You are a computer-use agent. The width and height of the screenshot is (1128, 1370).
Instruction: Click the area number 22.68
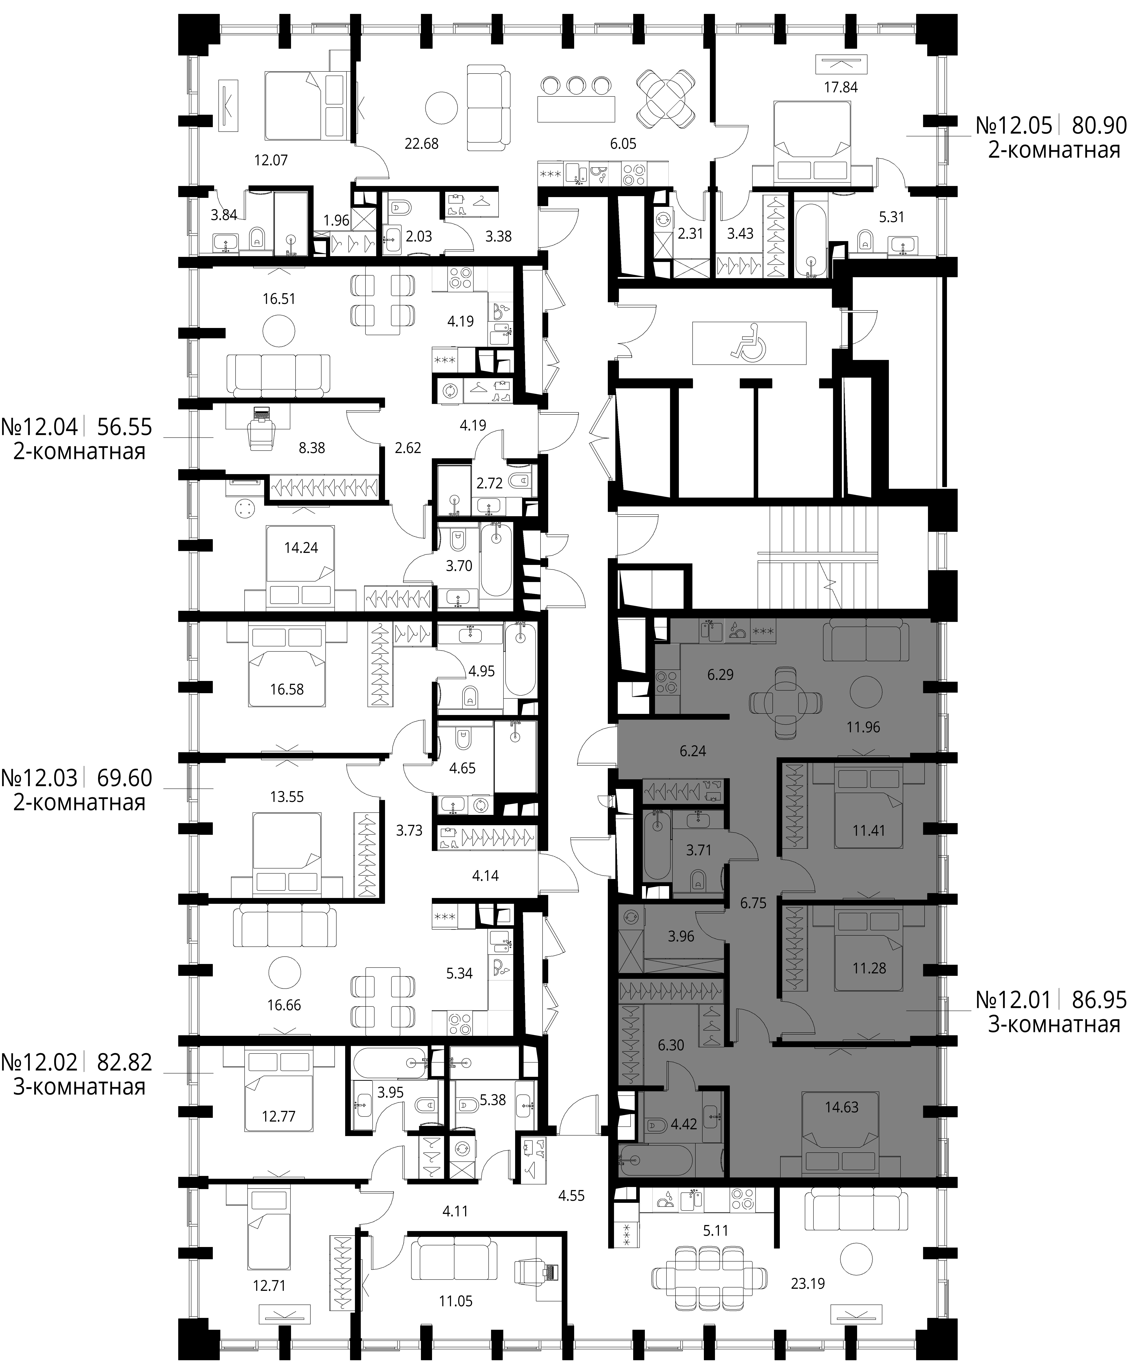pos(422,144)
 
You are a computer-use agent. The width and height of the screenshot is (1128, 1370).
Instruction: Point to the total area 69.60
pos(125,778)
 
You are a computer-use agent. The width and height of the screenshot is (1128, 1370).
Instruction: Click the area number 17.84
pos(841,87)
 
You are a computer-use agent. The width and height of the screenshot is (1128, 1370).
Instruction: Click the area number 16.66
pos(284,1005)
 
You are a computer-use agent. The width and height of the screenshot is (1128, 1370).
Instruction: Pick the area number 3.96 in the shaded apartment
pos(681,937)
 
